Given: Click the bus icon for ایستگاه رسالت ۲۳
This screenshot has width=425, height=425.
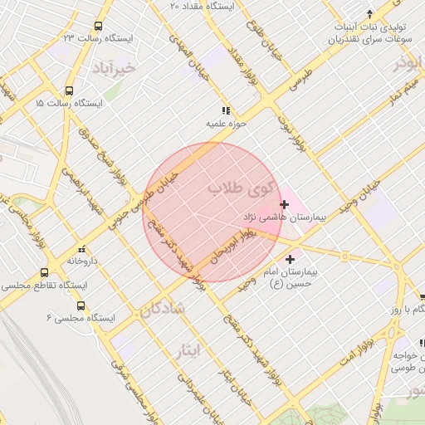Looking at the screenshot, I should pos(99,27).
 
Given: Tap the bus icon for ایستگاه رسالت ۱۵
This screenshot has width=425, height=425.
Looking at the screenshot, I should pos(69,91).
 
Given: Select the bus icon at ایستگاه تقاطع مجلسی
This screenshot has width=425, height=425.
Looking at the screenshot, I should pos(44,272).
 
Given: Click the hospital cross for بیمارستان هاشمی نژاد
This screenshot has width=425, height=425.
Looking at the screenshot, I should pos(285,203).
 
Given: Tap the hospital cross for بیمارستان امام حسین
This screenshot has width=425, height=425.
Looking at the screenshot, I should pos(290,260).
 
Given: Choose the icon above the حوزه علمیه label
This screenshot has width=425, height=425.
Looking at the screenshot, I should pos(225,110).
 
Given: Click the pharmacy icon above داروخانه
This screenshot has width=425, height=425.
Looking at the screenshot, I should pos(81,249).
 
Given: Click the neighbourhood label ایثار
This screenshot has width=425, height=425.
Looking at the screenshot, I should pos(188,349).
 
